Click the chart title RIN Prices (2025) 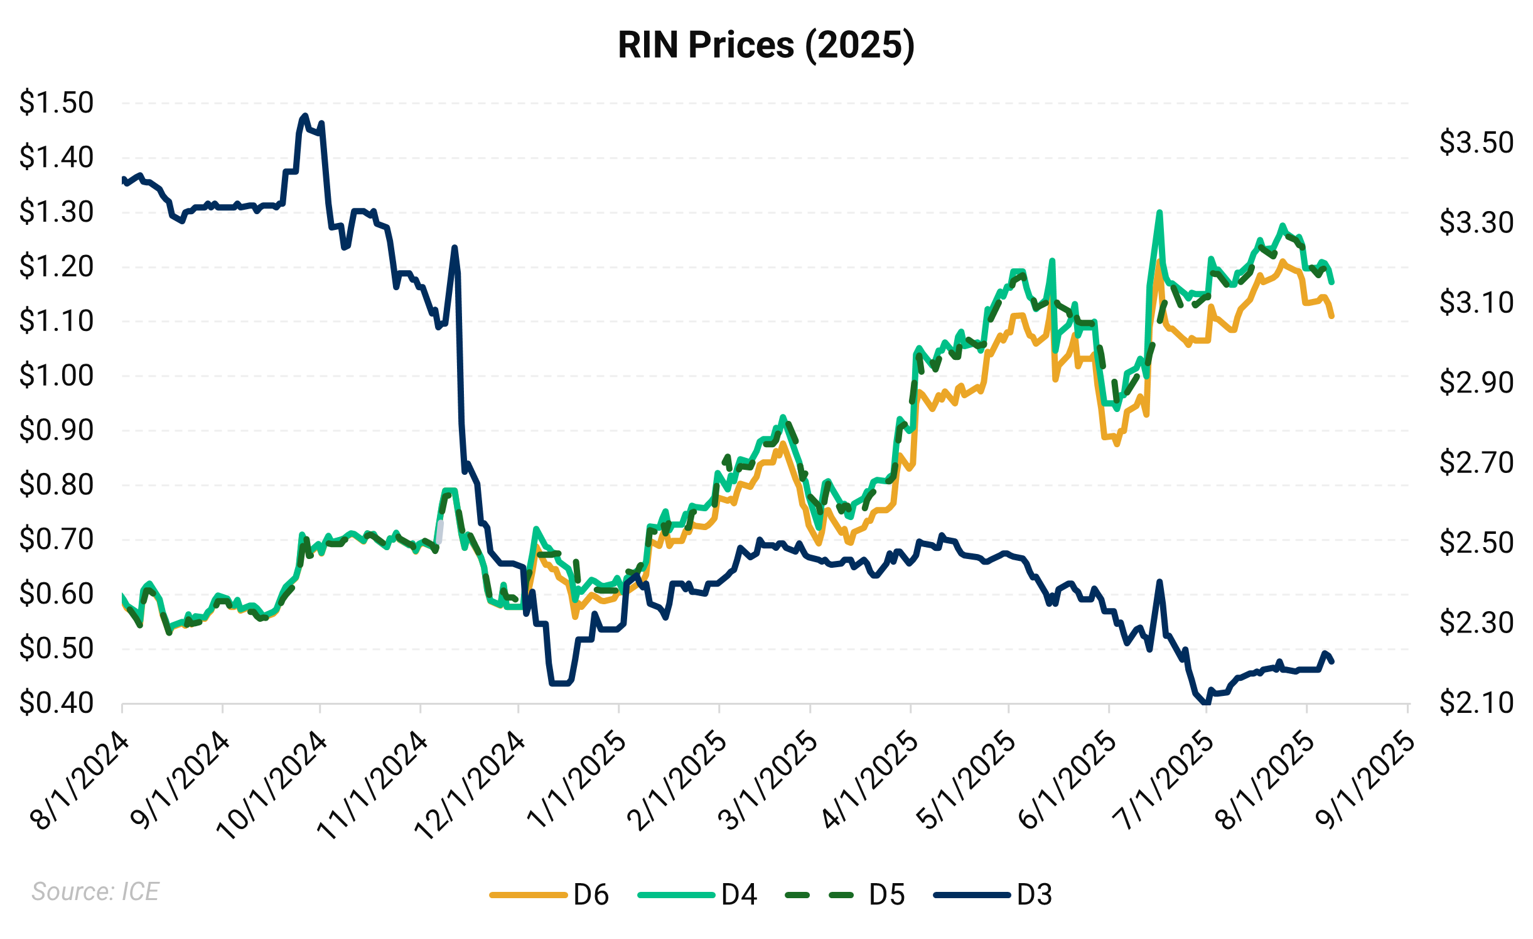click(x=766, y=45)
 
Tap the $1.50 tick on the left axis click(x=56, y=102)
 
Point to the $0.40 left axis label click(x=56, y=703)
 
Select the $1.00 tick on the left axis click(x=56, y=376)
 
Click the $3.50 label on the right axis click(x=1476, y=143)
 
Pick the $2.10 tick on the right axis click(x=1476, y=703)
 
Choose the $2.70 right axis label click(x=1476, y=463)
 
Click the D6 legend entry click(x=549, y=894)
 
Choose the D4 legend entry click(x=697, y=894)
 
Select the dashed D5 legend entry click(x=845, y=894)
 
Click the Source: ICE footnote click(x=95, y=892)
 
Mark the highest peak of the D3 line click(x=305, y=116)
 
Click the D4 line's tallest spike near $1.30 click(x=1159, y=212)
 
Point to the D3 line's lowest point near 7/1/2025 click(x=1205, y=703)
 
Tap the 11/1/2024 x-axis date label click(x=372, y=785)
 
